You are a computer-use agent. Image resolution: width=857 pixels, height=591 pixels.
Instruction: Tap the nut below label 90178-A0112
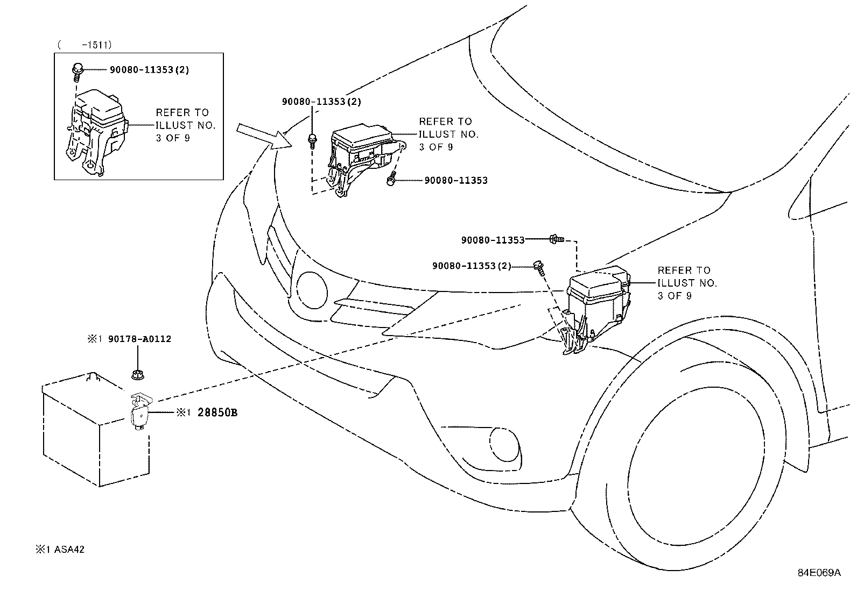coord(138,374)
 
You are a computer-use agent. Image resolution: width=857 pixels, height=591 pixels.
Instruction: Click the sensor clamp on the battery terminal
coord(140,410)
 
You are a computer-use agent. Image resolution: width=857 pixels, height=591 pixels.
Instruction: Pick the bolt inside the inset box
coord(77,70)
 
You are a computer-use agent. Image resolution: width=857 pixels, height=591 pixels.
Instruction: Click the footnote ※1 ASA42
coord(60,550)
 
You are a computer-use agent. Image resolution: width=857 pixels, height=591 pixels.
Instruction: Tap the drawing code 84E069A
coord(819,573)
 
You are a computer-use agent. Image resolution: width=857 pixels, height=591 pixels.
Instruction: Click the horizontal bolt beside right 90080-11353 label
coord(556,238)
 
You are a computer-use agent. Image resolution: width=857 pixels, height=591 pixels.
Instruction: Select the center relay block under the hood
coord(361,156)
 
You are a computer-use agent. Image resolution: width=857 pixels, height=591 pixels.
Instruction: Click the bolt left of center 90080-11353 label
coord(391,181)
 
